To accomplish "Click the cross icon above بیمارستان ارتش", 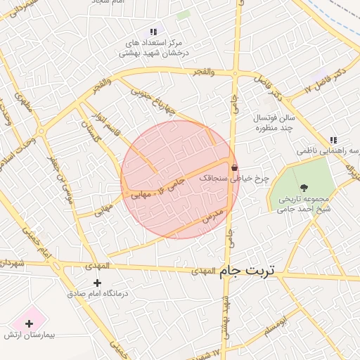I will pos(29,324).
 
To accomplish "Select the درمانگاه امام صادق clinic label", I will pos(98,294).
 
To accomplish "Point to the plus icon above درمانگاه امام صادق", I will pos(97,283).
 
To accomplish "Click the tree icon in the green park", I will pos(304,187).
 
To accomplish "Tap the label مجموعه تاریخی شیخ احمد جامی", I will pos(304,204).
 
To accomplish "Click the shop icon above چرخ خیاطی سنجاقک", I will pos(233,167).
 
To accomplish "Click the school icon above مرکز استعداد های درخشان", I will pos(153,32).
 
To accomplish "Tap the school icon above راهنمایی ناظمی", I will pos(333,140).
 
